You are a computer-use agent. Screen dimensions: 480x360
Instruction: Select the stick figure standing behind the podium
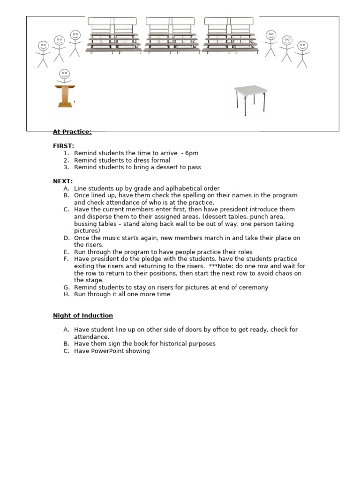tap(64, 76)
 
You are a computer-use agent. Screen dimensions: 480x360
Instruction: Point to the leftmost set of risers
tap(113, 35)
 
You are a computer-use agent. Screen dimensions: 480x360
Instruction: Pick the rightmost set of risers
tap(229, 35)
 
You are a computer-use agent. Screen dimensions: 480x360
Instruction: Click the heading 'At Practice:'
tap(72, 132)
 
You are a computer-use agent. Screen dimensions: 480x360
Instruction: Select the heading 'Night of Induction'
tap(82, 315)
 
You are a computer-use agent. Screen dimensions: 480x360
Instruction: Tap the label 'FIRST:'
tap(63, 146)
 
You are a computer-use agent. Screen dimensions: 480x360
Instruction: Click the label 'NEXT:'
tap(62, 181)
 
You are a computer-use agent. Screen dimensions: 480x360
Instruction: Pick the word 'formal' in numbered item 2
tap(160, 160)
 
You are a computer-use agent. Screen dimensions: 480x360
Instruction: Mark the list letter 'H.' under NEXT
tap(67, 294)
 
